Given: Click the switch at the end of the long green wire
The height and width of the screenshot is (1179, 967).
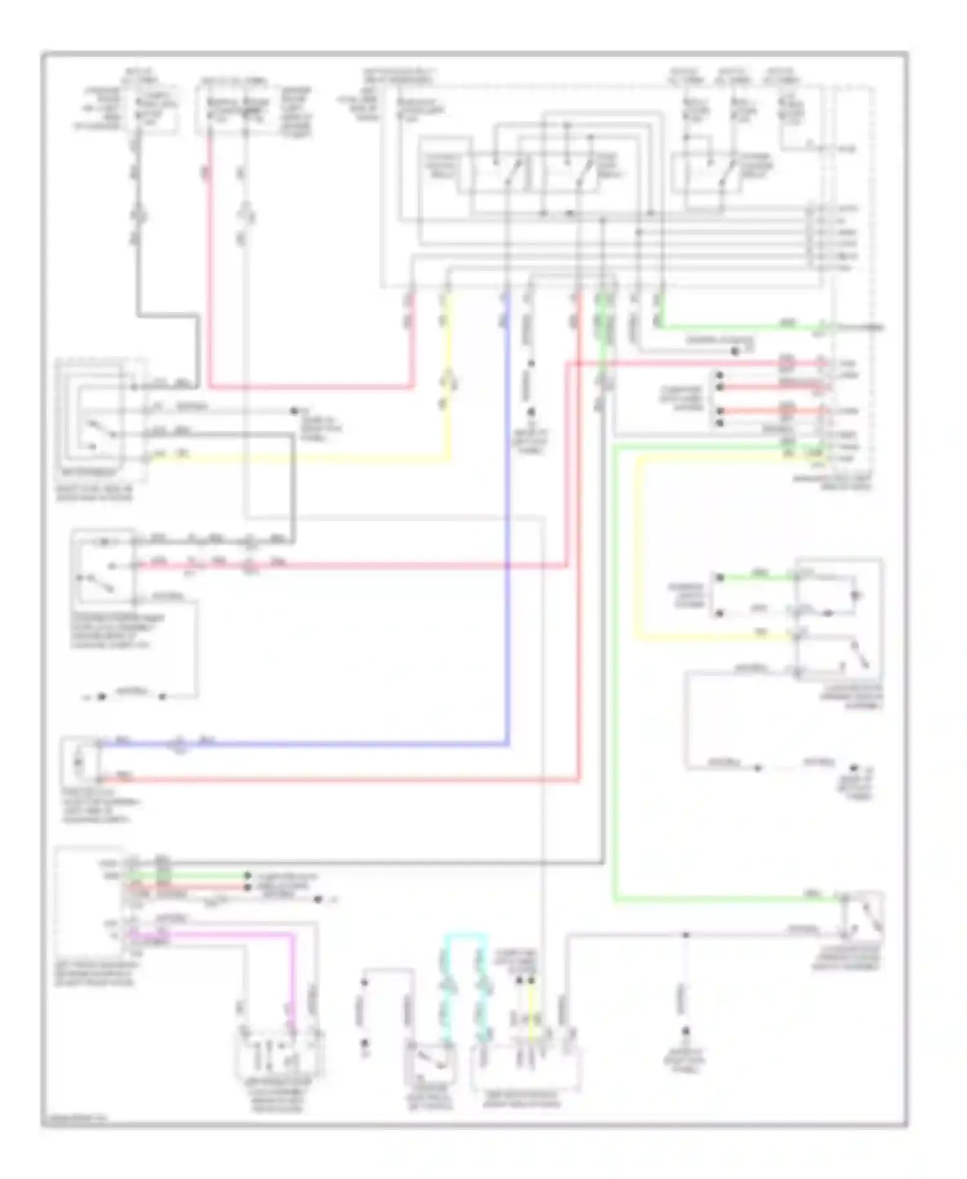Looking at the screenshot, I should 864,915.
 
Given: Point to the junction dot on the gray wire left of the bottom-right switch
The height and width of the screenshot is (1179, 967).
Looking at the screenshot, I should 686,935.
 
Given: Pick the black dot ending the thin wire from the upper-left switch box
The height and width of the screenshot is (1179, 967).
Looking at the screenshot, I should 295,411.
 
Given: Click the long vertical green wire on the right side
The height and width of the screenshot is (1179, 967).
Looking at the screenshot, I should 614,677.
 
